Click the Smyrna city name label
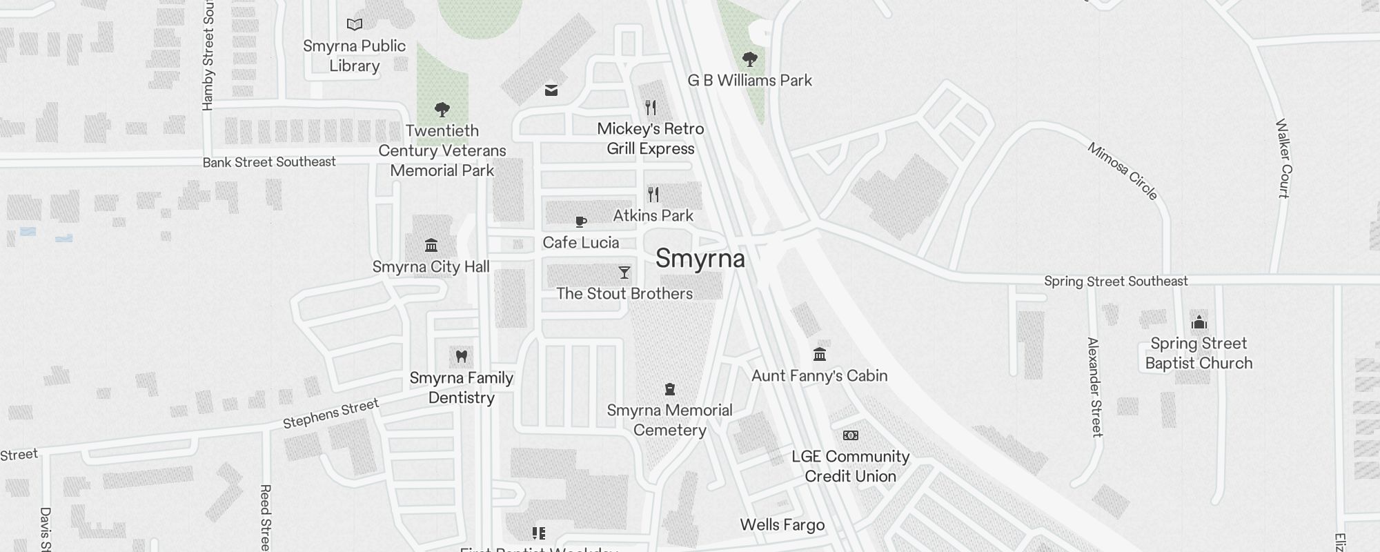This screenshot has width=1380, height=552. pos(700,259)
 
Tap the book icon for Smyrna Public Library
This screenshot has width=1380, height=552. pos(355,25)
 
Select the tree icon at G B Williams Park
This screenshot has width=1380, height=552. pos(749,59)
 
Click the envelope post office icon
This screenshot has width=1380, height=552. pos(551,90)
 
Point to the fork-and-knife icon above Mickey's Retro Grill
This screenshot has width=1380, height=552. pos(651,108)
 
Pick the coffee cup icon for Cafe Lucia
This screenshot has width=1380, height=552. pos(581,221)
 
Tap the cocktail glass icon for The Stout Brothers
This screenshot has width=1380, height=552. pos(624,273)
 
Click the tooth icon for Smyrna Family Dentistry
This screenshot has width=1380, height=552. pos(462,357)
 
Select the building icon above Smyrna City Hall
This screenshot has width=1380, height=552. pos(431,246)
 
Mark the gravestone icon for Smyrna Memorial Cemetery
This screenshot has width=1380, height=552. pos(669,390)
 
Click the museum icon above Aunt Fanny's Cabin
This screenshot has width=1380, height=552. pos(820,355)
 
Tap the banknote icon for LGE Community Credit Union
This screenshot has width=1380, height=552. pos(851,435)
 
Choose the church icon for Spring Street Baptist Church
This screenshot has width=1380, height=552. pos(1199,322)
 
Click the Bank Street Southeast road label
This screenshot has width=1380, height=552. pos(269,162)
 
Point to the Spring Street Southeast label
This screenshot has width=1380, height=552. pos(1116,282)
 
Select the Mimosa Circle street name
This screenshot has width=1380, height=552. pos(1123,171)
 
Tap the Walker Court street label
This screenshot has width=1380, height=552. pos(1283,159)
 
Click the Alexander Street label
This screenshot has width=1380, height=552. pos(1095,387)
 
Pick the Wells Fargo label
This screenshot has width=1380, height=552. pos(782,525)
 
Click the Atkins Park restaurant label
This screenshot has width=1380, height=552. pos(653,216)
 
